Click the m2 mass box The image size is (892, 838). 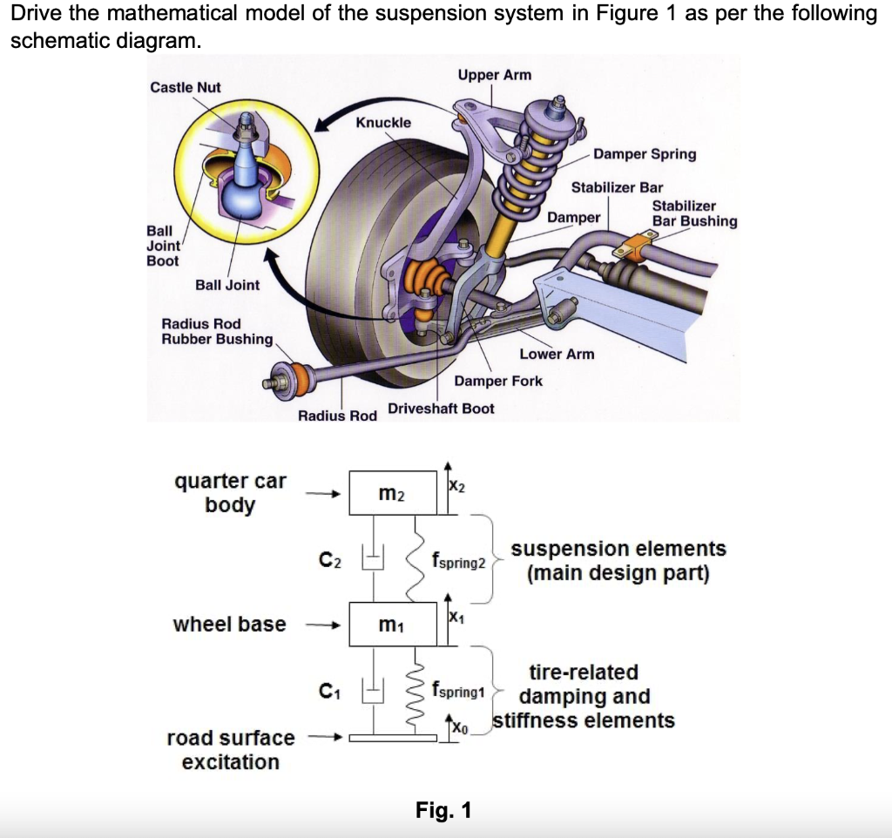[393, 494]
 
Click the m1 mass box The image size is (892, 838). [393, 624]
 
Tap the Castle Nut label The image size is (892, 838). [186, 87]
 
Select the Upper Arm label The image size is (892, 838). [494, 75]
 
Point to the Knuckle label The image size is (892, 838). [383, 122]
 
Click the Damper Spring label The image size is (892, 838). [645, 154]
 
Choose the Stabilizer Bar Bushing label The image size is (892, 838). [694, 213]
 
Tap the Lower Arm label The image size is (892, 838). [557, 354]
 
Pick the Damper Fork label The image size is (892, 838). [498, 381]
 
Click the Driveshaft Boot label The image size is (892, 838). [441, 409]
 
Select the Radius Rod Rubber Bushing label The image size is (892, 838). [217, 331]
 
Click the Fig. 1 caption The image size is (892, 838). [443, 810]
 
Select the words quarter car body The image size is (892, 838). [230, 493]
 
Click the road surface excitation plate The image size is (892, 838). [393, 739]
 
